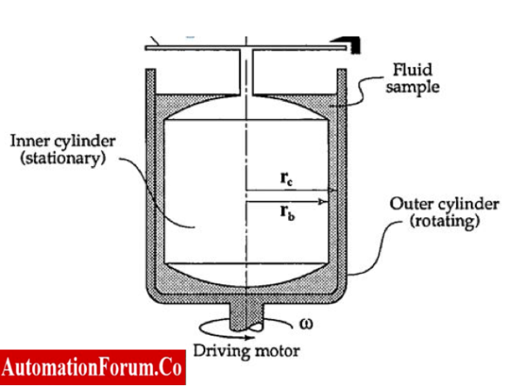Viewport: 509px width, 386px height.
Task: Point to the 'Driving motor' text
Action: [245, 351]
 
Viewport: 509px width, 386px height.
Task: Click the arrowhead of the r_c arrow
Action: [333, 190]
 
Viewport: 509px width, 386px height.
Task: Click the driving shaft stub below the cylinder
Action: [247, 314]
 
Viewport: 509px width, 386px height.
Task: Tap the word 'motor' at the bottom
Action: [276, 351]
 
